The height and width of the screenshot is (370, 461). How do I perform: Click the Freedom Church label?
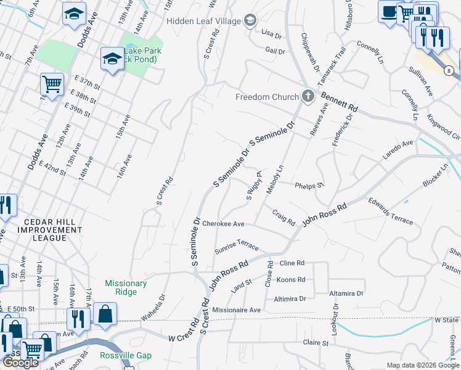click(x=266, y=97)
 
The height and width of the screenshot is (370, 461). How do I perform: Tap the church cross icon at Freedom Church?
click(x=308, y=96)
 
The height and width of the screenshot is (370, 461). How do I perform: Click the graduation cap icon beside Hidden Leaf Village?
click(x=250, y=21)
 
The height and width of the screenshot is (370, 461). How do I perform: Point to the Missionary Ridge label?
click(x=126, y=288)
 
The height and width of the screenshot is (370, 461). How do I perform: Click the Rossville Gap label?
click(x=126, y=356)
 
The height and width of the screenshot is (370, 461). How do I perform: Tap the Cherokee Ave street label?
click(x=224, y=224)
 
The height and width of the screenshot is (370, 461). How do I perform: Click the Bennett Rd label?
click(x=339, y=102)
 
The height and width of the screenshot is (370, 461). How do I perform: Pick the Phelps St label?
click(x=309, y=185)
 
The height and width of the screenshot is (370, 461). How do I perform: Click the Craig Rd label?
click(x=284, y=217)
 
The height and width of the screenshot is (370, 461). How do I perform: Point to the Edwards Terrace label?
click(x=390, y=211)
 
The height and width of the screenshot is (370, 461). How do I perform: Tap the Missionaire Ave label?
click(x=236, y=310)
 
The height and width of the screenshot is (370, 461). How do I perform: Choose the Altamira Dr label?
click(x=346, y=294)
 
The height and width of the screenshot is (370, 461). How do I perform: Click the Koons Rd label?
click(x=292, y=279)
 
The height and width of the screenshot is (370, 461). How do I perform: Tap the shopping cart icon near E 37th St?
click(x=52, y=84)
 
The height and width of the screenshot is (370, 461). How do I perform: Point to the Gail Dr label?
click(x=275, y=51)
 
